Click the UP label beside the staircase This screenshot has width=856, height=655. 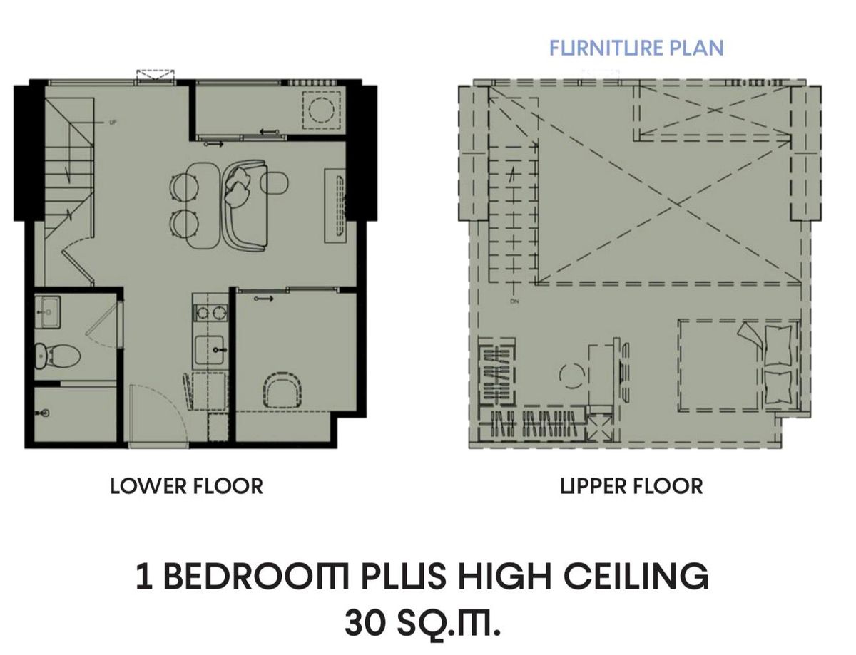(113, 123)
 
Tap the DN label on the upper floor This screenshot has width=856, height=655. (514, 301)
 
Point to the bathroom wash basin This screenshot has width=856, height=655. (48, 312)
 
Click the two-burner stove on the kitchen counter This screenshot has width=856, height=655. (210, 313)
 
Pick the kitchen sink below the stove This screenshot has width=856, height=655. (210, 350)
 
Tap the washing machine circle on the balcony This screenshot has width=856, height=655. (322, 110)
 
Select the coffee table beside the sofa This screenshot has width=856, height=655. (275, 183)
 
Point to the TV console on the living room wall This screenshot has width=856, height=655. (335, 206)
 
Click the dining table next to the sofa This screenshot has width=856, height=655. (203, 205)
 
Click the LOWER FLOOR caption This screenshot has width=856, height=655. (187, 486)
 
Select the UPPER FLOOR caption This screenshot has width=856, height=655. (631, 486)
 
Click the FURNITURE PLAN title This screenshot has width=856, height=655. (636, 48)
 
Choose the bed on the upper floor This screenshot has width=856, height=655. (739, 366)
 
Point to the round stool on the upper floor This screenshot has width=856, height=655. (571, 376)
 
